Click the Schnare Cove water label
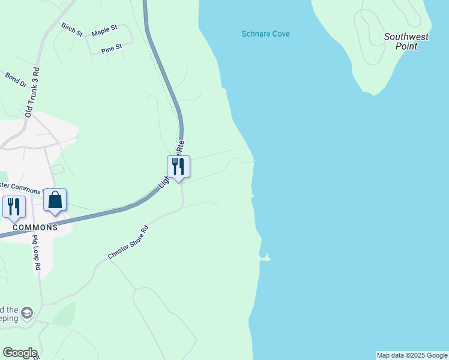click(x=265, y=34)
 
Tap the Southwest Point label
click(x=406, y=41)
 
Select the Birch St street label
click(x=71, y=29)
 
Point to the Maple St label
click(x=103, y=32)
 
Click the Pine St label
click(x=112, y=47)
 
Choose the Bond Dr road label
click(x=16, y=80)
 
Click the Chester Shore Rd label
click(x=128, y=242)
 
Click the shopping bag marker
click(x=55, y=201)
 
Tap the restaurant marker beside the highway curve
click(x=178, y=166)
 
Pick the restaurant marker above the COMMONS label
click(x=14, y=206)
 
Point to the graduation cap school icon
click(x=26, y=313)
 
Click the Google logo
click(x=20, y=353)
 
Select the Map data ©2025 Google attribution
click(x=412, y=355)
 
